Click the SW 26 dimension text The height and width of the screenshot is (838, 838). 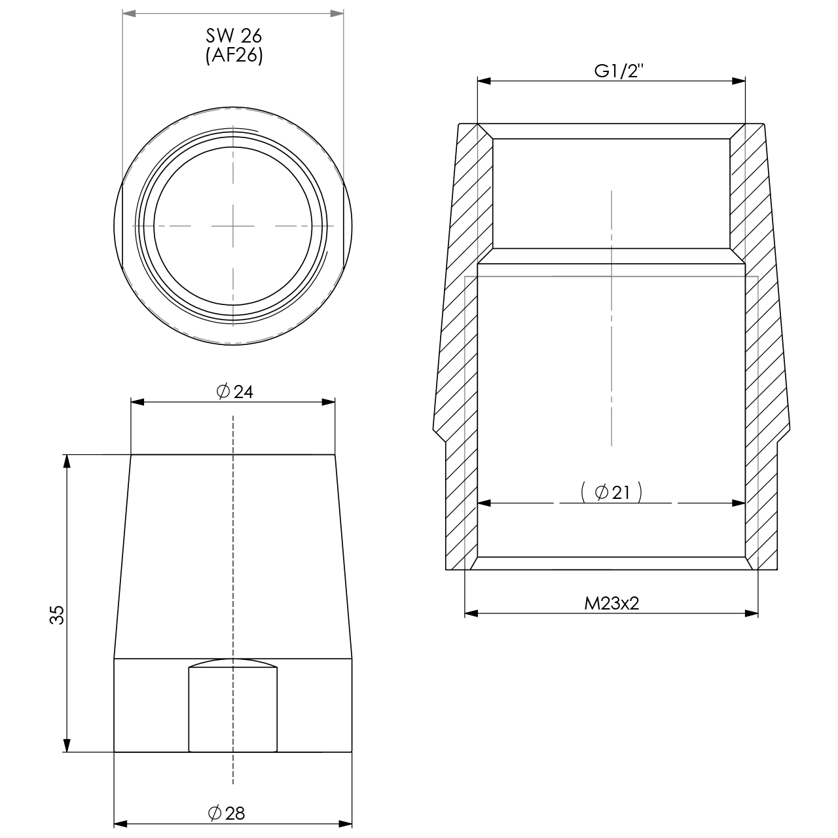(x=234, y=36)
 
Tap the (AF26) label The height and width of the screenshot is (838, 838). (x=234, y=56)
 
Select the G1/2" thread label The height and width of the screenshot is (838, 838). (x=619, y=71)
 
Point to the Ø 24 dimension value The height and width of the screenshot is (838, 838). (x=234, y=392)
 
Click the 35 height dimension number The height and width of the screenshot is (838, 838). (x=57, y=615)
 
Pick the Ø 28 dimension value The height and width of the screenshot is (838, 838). (x=227, y=812)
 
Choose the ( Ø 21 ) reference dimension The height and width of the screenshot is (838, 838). (x=611, y=492)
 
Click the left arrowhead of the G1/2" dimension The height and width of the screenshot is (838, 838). (x=484, y=81)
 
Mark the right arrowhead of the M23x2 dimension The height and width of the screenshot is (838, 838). (x=752, y=613)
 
